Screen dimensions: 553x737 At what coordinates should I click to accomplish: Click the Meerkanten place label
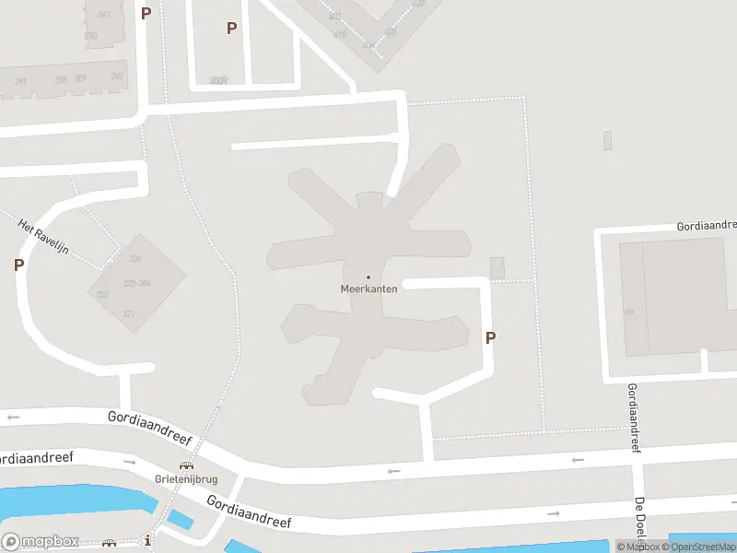pos(368,288)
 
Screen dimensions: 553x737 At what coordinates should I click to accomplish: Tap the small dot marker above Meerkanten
pos(368,277)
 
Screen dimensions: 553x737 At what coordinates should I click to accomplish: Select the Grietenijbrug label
pos(187,479)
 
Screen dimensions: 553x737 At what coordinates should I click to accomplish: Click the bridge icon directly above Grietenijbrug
pos(187,466)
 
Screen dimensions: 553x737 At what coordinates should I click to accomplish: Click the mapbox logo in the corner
pos(41,542)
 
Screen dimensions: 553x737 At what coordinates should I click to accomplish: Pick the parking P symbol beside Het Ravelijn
pos(18,265)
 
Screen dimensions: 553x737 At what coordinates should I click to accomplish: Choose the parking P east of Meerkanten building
pos(490,338)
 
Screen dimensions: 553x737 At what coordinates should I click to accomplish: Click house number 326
pos(135,259)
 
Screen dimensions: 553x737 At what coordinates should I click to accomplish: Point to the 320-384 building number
pos(136,283)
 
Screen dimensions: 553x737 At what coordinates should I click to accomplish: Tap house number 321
pos(128,314)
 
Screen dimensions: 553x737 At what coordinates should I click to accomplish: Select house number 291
pos(20,83)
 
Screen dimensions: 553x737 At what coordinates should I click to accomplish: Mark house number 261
pos(103,15)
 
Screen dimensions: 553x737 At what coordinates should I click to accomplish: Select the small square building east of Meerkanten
pos(497,268)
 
